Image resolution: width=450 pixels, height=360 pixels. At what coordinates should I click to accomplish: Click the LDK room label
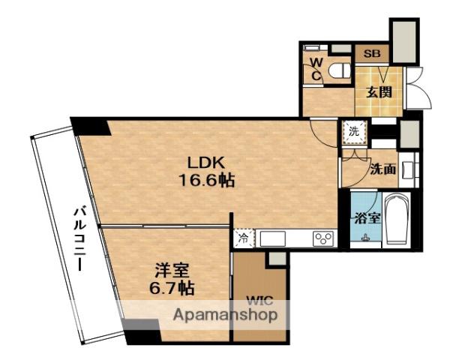click(205, 163)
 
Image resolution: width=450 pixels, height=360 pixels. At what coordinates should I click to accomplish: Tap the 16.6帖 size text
click(207, 181)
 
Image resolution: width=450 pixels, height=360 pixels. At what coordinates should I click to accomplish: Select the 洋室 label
click(172, 271)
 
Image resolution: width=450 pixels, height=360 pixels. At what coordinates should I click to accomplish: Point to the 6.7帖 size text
click(172, 288)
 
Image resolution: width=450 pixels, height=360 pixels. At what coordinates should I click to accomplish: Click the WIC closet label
click(259, 301)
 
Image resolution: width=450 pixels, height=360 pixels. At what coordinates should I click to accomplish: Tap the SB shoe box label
click(372, 54)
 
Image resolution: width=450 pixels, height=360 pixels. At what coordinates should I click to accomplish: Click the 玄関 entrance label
click(379, 92)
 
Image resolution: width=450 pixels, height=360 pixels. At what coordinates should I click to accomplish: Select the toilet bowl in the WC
click(340, 70)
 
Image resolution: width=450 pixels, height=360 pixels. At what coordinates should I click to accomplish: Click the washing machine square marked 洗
click(355, 132)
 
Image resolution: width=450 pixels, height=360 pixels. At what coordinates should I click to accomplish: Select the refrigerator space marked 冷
click(244, 238)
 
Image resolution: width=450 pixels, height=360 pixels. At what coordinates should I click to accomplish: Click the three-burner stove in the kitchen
click(323, 238)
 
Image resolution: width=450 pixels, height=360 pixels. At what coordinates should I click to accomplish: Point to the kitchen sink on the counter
click(273, 238)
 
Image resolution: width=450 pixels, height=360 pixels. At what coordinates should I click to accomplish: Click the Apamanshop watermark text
click(226, 315)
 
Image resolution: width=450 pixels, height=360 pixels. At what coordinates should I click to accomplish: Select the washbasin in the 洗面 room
click(409, 169)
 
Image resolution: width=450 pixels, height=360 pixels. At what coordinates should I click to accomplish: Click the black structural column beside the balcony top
click(91, 127)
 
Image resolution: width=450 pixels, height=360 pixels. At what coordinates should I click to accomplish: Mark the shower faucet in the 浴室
click(366, 238)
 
